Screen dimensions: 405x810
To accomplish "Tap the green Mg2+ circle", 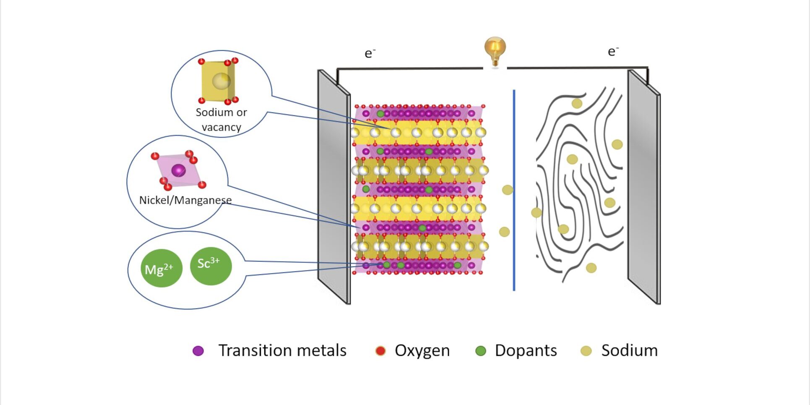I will [161, 268].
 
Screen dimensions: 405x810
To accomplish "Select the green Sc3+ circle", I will [211, 266].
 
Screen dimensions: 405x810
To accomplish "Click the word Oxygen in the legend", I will [422, 350].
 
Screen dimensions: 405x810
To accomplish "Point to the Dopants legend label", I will [526, 350].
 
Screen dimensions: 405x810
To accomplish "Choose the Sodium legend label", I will [629, 350].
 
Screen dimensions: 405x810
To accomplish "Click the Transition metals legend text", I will [282, 350].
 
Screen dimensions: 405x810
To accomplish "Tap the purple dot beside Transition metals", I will [198, 351].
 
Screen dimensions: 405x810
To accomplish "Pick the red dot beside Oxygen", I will [380, 351].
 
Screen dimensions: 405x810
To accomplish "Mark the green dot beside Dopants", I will [481, 351].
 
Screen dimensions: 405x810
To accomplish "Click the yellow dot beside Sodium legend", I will [586, 351].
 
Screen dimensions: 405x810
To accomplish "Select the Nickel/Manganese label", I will [185, 200].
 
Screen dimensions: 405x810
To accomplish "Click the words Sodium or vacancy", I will [221, 120].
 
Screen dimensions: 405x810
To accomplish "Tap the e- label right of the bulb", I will [613, 51].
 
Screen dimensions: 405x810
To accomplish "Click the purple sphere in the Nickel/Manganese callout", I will [178, 170].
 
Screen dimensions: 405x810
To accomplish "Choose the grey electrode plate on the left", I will [333, 186].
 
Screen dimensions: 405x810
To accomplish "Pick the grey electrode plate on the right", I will [643, 186].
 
